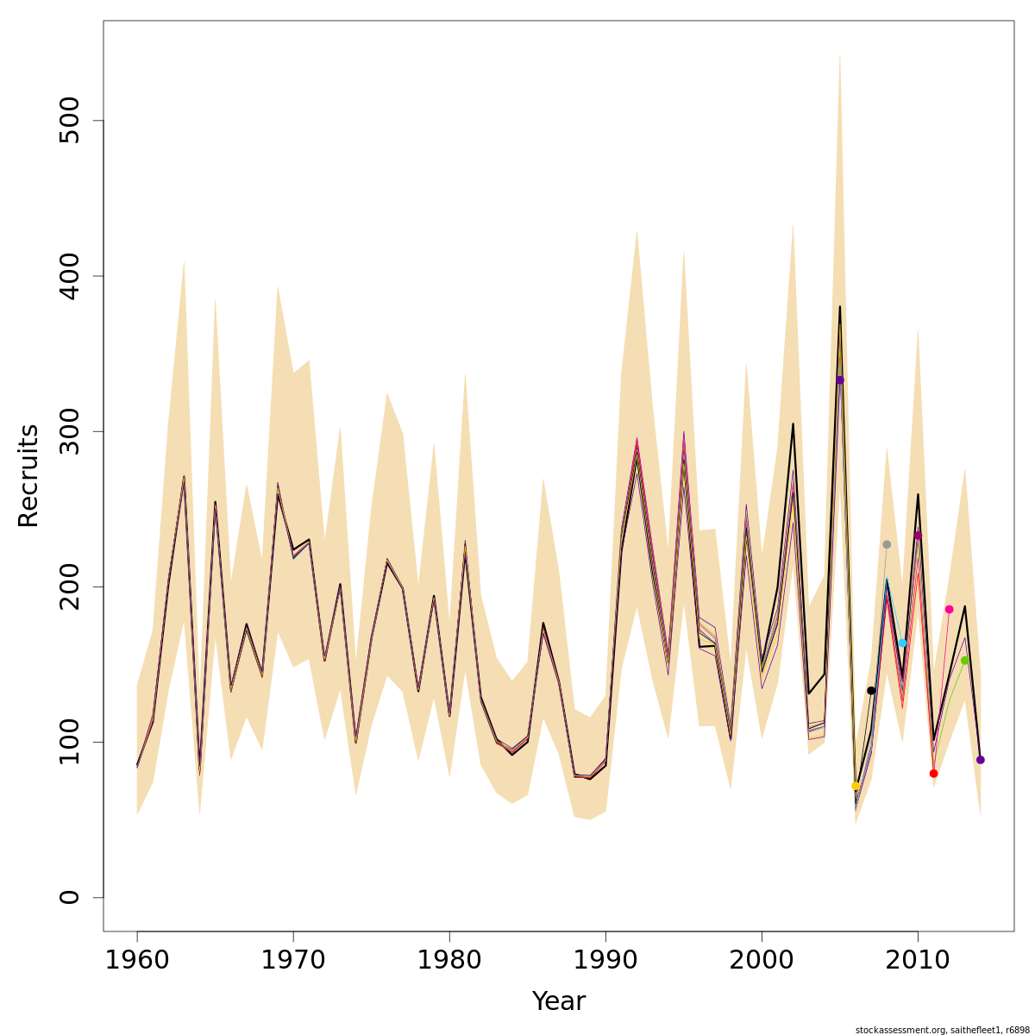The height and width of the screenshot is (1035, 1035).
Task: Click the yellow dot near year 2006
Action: pos(855,786)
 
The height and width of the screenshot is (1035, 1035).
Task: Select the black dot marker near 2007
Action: pos(871,690)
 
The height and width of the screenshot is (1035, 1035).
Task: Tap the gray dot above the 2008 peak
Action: pos(887,544)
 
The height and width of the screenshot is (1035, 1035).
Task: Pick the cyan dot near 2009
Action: pos(902,643)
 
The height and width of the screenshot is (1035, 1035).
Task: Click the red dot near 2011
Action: pos(933,774)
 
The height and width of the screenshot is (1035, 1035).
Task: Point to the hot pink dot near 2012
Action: pos(949,609)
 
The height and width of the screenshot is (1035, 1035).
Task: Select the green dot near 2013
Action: pos(964,660)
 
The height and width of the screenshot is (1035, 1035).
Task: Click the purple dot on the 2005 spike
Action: pos(839,379)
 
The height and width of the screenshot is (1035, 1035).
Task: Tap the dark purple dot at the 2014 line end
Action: pos(980,760)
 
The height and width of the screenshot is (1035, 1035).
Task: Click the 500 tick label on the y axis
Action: pos(70,121)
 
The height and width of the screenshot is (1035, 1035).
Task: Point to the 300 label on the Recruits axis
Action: pos(70,431)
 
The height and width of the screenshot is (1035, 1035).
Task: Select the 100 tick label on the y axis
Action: pos(70,742)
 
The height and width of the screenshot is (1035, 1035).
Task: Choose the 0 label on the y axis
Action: pos(70,897)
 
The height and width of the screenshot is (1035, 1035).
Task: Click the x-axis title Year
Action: pos(558,1001)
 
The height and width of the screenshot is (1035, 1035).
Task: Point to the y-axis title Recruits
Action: pos(28,475)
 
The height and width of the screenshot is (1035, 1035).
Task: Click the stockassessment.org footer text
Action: pos(942,1030)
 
